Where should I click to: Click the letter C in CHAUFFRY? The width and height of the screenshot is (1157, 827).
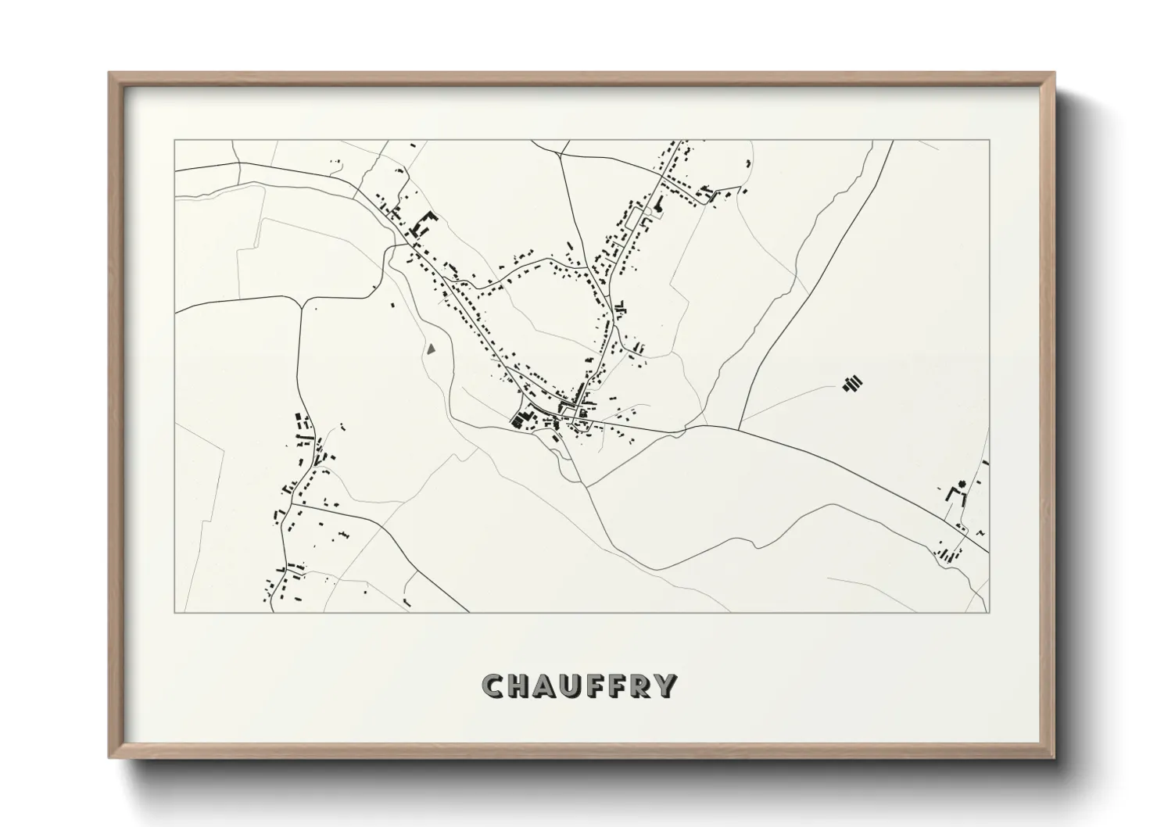[x=494, y=686]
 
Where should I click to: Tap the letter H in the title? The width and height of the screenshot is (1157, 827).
[x=519, y=686]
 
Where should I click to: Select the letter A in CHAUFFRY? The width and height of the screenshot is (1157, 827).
[x=545, y=686]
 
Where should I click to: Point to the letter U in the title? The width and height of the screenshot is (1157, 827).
[x=571, y=686]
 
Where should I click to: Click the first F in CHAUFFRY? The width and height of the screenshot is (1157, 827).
[x=593, y=686]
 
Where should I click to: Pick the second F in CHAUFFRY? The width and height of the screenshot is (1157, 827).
[x=615, y=686]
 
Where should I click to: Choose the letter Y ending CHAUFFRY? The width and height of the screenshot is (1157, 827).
[x=664, y=686]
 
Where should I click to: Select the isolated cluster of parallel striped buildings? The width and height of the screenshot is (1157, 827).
[x=853, y=383]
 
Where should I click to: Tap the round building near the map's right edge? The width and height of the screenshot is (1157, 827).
[x=963, y=482]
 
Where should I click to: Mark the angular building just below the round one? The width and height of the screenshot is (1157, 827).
[x=953, y=494]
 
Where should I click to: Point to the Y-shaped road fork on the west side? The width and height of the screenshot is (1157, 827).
[x=300, y=302]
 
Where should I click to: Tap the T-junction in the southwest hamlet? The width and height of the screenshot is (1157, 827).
[x=294, y=505]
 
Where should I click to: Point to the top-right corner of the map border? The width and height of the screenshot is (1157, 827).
[x=990, y=140]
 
